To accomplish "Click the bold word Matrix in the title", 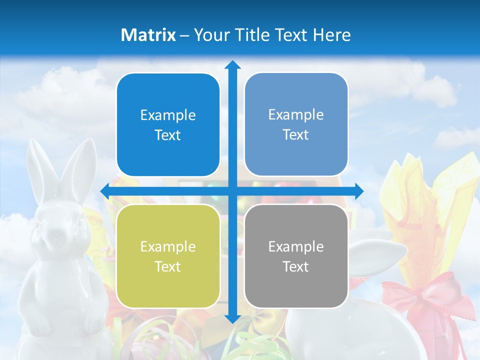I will click(148, 35).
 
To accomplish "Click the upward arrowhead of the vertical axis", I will click(232, 64).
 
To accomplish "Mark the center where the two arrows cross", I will click(232, 191).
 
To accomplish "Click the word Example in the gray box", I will click(296, 246).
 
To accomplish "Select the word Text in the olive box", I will click(168, 266).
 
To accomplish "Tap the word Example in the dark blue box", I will click(168, 115).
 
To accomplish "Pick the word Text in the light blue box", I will click(296, 135).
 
